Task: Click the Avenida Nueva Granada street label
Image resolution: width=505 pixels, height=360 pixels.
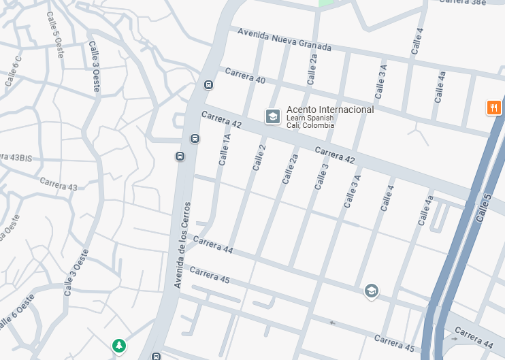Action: coord(284,39)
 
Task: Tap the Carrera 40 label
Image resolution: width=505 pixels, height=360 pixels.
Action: coord(245,76)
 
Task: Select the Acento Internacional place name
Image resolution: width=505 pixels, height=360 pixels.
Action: coord(330,110)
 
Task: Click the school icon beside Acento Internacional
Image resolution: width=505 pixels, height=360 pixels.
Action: coord(273,116)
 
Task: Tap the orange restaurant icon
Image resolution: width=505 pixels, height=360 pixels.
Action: coord(494,107)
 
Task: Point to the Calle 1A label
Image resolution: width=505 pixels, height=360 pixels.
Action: coord(225,150)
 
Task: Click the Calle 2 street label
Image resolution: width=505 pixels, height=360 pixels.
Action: coord(259,157)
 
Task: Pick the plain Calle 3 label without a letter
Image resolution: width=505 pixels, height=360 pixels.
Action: coord(321,176)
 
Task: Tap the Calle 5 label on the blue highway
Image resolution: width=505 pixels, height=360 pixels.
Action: coord(484,208)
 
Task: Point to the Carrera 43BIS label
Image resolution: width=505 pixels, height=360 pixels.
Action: coord(15,157)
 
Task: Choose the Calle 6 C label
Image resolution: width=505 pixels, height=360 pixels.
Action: coord(13,71)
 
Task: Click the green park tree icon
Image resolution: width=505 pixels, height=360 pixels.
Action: coord(119,346)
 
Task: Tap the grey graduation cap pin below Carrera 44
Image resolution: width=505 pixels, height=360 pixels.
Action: coord(371,291)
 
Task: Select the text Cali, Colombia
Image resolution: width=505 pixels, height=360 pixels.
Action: coord(310,126)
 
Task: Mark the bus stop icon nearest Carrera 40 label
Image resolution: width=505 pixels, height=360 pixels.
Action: coord(208,85)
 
